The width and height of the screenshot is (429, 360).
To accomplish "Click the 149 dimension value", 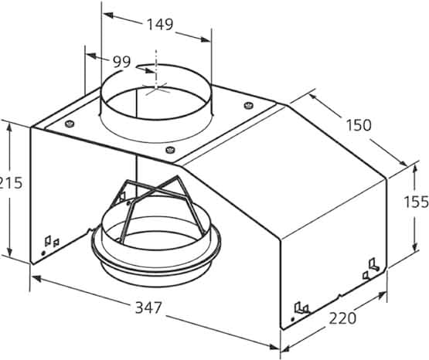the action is click(x=160, y=24).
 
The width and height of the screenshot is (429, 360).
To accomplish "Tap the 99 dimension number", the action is click(x=122, y=62).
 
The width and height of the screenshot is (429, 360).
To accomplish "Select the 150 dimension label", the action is click(x=359, y=125).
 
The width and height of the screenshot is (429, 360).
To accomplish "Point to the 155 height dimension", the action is click(x=417, y=202).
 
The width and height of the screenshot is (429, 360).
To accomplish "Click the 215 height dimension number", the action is click(x=11, y=183).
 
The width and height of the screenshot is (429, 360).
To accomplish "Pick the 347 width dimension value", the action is click(x=148, y=307).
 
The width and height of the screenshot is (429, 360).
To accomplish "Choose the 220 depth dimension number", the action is click(x=342, y=318).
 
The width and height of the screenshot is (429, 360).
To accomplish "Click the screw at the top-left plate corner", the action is click(x=70, y=124).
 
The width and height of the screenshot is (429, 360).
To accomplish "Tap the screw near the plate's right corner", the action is click(x=248, y=105).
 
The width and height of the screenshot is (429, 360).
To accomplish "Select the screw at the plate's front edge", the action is click(x=170, y=150).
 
